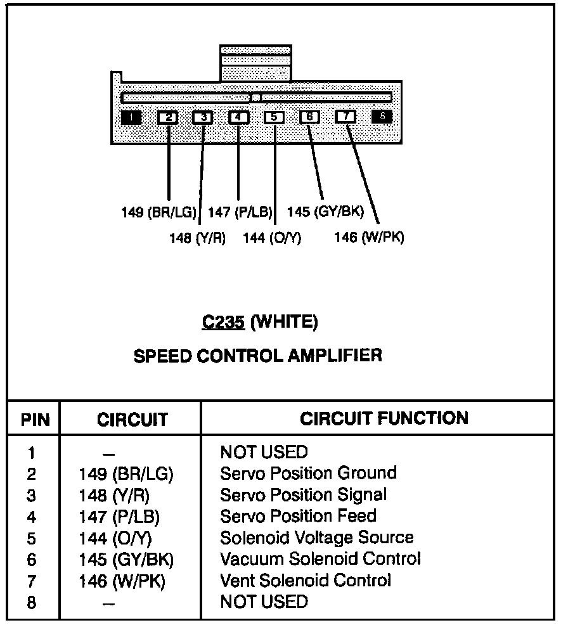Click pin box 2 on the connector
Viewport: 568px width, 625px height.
pos(167,117)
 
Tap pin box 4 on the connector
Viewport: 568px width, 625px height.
pos(238,117)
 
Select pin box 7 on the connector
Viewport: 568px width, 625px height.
pos(345,117)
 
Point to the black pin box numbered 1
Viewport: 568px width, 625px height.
pos(131,117)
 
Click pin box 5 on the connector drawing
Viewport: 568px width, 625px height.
pos(274,117)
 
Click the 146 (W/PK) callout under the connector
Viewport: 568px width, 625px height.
pos(369,238)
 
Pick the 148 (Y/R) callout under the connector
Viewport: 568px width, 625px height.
pos(197,238)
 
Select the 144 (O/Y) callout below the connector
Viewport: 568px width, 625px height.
pos(272,238)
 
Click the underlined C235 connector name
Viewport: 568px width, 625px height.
pos(223,322)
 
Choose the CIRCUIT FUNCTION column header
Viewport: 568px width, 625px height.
pos(384,418)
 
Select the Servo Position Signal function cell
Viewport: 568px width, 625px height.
pos(303,494)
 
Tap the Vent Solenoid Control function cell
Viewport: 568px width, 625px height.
pos(305,580)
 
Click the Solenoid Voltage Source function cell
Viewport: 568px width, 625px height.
pos(316,538)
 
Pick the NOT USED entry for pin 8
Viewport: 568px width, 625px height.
pos(263,602)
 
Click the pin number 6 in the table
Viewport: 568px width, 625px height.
pos(32,560)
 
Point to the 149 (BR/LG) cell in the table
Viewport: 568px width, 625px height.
pos(126,474)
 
